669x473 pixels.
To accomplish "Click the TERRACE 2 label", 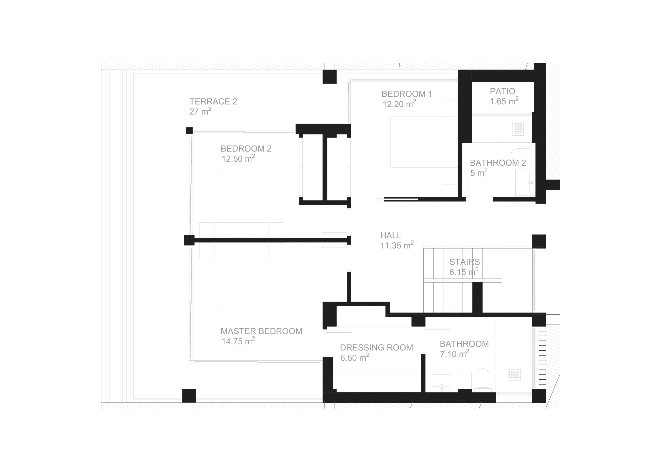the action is (x=213, y=101).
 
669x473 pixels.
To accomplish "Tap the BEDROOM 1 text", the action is (x=407, y=94).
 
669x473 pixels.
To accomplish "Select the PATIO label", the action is (x=502, y=91).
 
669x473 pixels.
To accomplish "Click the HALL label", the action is (x=391, y=235).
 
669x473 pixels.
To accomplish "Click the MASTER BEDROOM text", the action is (x=261, y=331).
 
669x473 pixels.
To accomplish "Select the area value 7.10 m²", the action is (x=454, y=354).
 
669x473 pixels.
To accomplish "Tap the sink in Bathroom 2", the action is (x=525, y=182).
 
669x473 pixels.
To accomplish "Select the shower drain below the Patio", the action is (x=518, y=129).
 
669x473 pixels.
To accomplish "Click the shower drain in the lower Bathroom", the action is (x=514, y=375).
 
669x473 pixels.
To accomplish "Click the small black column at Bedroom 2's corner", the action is (x=189, y=131).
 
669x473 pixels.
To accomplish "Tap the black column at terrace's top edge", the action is (x=330, y=77).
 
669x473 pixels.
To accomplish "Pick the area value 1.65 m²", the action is (x=504, y=101).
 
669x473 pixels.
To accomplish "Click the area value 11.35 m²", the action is (x=397, y=245).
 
